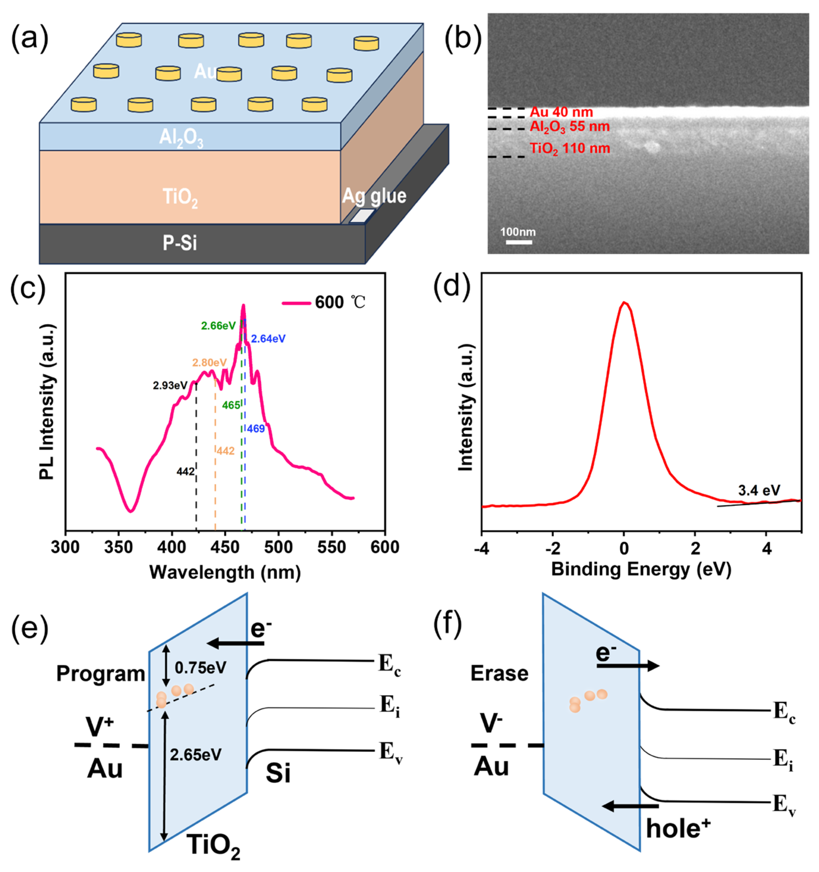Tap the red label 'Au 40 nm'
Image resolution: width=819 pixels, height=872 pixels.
coord(561,112)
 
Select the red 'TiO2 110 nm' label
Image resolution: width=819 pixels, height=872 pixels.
coord(569,148)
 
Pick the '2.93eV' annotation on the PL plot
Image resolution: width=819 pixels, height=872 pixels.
coord(170,386)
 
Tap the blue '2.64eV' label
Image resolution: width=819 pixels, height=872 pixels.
coord(268,338)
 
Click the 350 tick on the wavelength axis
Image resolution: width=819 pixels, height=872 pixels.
coord(118,547)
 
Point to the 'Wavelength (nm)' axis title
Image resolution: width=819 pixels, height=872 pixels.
coord(225,572)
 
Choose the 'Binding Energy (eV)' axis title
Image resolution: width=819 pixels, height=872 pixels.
coord(641,569)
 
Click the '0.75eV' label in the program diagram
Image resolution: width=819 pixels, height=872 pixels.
coord(200,668)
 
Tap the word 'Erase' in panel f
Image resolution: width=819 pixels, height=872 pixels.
coord(499,673)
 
